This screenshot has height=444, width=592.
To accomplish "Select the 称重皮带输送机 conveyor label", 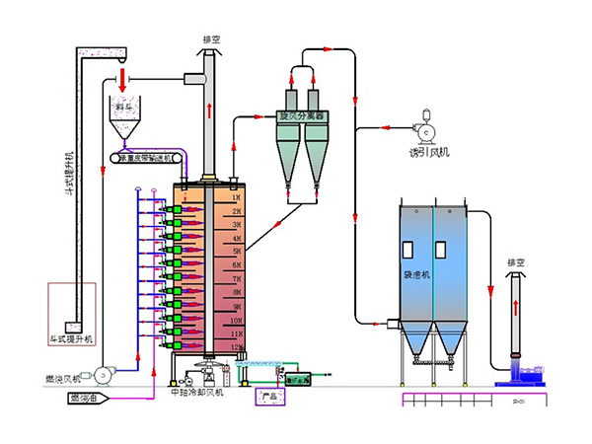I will click(146, 157).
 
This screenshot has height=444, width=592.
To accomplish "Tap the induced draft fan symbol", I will click(428, 129).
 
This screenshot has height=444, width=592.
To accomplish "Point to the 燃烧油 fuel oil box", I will click(87, 399).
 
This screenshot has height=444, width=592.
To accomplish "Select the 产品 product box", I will click(269, 397).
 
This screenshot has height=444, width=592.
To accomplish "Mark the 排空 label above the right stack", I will click(515, 263).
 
